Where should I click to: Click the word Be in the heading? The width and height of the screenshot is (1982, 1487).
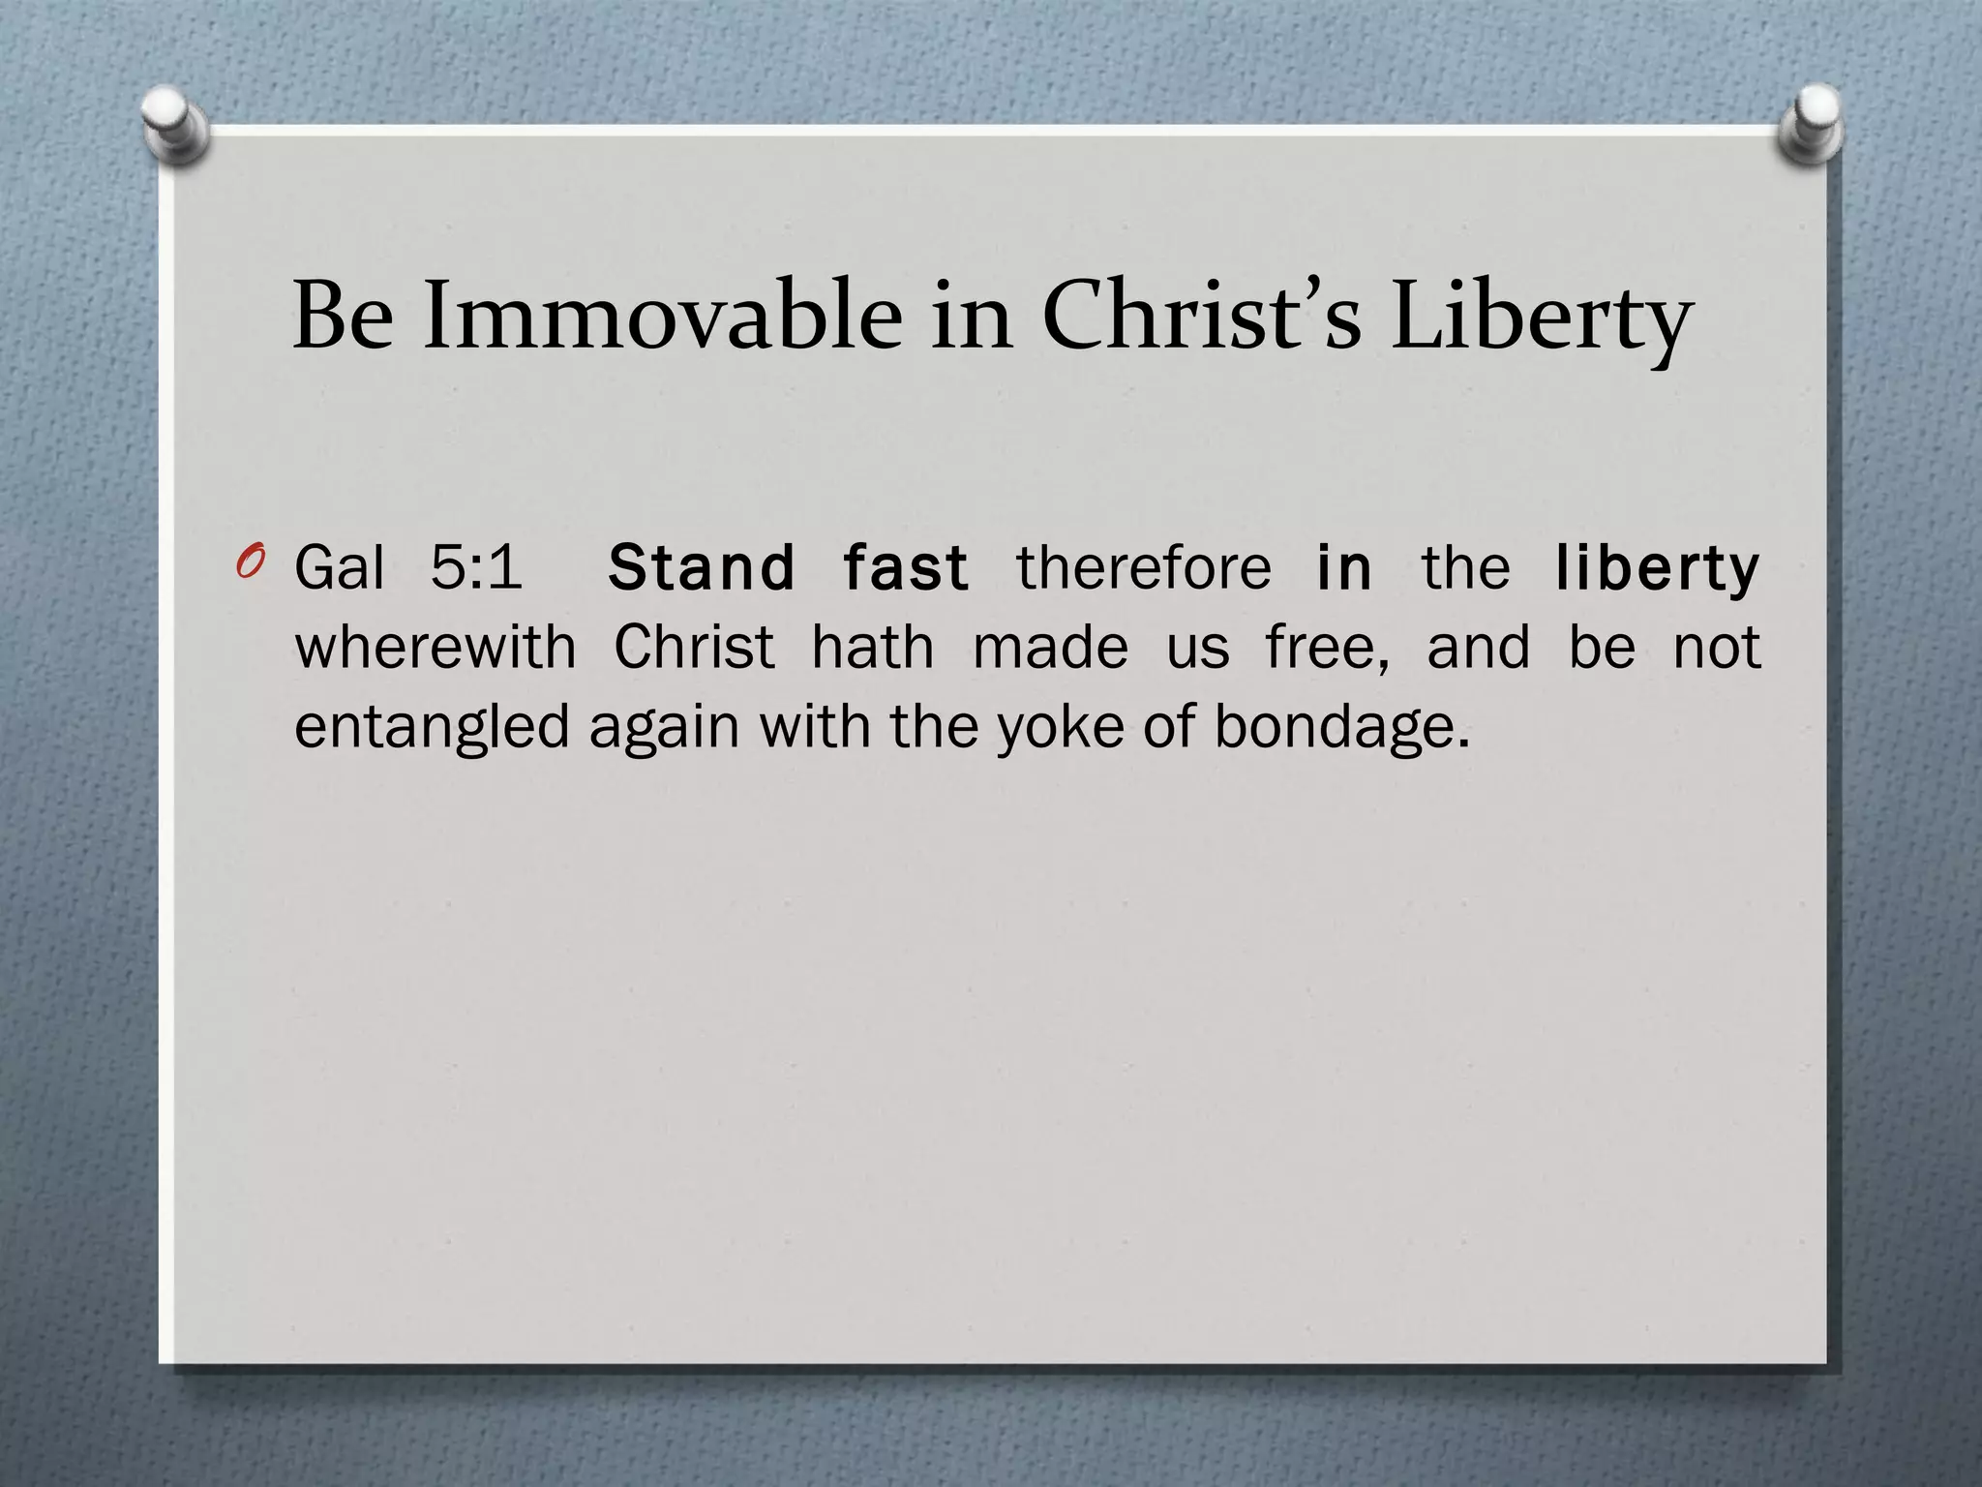coord(343,317)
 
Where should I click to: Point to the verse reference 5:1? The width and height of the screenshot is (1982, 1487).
coord(475,567)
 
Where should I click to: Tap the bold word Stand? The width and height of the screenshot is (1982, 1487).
coord(702,567)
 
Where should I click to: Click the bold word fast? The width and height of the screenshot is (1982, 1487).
coord(905,567)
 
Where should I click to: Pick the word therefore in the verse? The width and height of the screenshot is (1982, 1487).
coord(1143,567)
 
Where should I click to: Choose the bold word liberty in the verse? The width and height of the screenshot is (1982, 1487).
coord(1657,569)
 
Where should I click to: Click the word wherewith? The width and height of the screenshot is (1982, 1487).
coord(435,647)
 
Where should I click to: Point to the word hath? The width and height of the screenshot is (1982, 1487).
coord(873,647)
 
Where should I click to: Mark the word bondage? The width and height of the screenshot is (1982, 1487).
coord(1340,728)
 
